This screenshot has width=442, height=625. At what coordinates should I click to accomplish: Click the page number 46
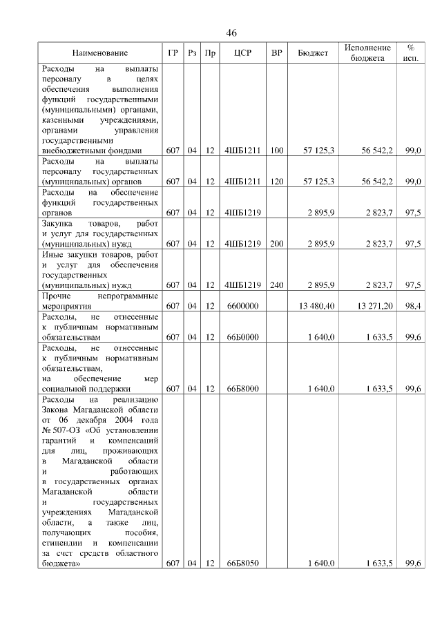tap(231, 33)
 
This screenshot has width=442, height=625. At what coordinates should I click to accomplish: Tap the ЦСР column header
tap(242, 53)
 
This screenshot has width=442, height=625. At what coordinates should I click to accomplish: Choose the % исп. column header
tap(410, 53)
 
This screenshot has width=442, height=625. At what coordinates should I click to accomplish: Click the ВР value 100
tap(277, 150)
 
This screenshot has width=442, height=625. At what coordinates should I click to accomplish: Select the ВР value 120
tap(277, 181)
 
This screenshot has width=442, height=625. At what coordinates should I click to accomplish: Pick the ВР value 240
tap(277, 285)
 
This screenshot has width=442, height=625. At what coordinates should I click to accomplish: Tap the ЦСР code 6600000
tap(242, 305)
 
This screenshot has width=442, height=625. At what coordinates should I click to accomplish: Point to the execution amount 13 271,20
tap(374, 305)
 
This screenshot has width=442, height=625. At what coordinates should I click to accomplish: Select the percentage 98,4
tap(413, 305)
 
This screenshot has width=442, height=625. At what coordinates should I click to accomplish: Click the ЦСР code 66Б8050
tap(242, 564)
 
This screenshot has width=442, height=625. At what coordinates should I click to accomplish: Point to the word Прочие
tap(57, 295)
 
